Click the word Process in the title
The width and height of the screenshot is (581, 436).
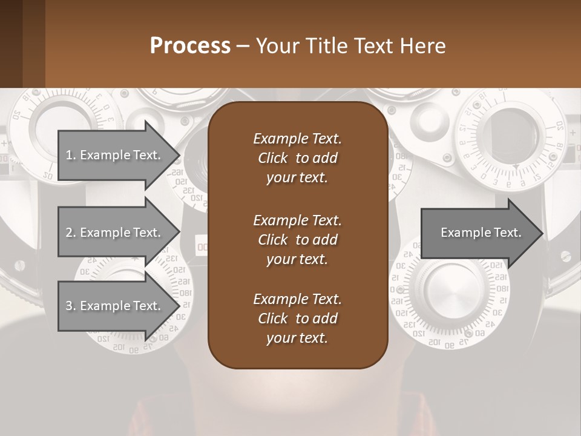point(190,46)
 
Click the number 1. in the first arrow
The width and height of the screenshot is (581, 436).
point(70,155)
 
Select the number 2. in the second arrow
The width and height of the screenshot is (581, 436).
point(70,233)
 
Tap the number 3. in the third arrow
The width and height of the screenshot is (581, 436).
point(70,306)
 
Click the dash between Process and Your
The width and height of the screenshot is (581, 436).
point(243,46)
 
